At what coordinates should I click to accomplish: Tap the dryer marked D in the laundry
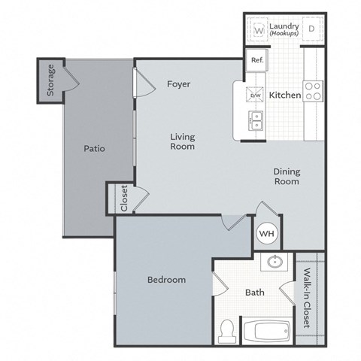point(311,30)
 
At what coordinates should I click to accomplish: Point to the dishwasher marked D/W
point(256,96)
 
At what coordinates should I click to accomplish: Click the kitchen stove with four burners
point(313,92)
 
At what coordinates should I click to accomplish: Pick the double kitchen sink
point(255,119)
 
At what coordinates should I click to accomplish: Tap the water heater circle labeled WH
point(267,233)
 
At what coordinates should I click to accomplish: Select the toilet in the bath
point(226,329)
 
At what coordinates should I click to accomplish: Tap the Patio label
point(93,149)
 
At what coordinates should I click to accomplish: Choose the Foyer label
point(179,84)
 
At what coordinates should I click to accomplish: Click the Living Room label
point(182,141)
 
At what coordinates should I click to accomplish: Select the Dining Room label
point(286,177)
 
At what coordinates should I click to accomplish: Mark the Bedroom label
point(166,280)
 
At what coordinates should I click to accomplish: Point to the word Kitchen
point(285,96)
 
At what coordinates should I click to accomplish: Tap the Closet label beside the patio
point(124,199)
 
